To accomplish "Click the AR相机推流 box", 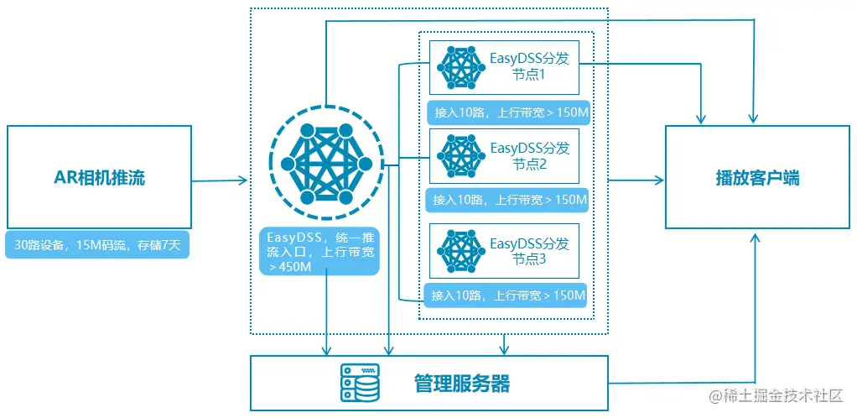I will click(x=99, y=177).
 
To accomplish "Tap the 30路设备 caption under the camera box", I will click(x=97, y=246).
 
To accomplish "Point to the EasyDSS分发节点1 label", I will click(x=529, y=66).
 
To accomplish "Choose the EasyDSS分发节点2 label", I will click(x=529, y=155).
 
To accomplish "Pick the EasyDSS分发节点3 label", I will click(x=529, y=251).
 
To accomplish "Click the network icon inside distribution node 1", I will click(x=459, y=67).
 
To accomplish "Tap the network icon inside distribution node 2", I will click(x=459, y=156).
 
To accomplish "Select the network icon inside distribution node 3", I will click(x=459, y=251).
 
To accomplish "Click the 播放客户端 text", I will click(x=757, y=177).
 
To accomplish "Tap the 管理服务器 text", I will click(x=461, y=384).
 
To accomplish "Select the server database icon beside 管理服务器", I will click(x=360, y=384).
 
